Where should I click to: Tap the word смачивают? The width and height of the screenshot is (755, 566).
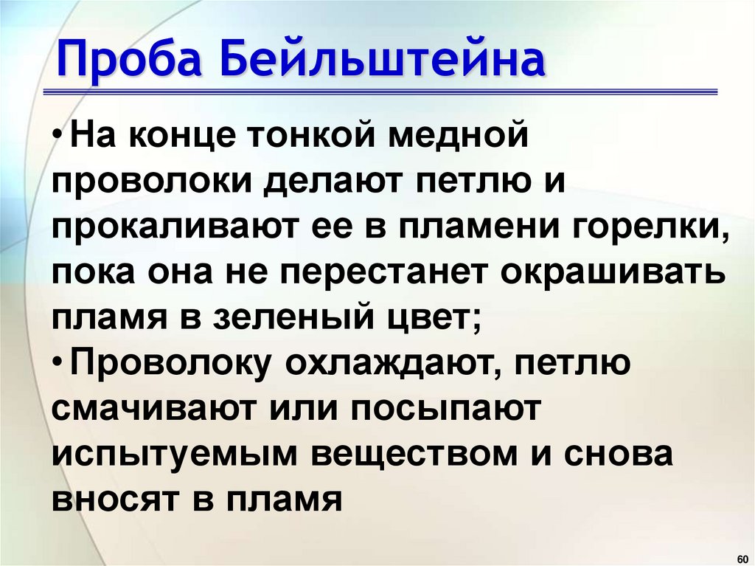pos(146,409)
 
